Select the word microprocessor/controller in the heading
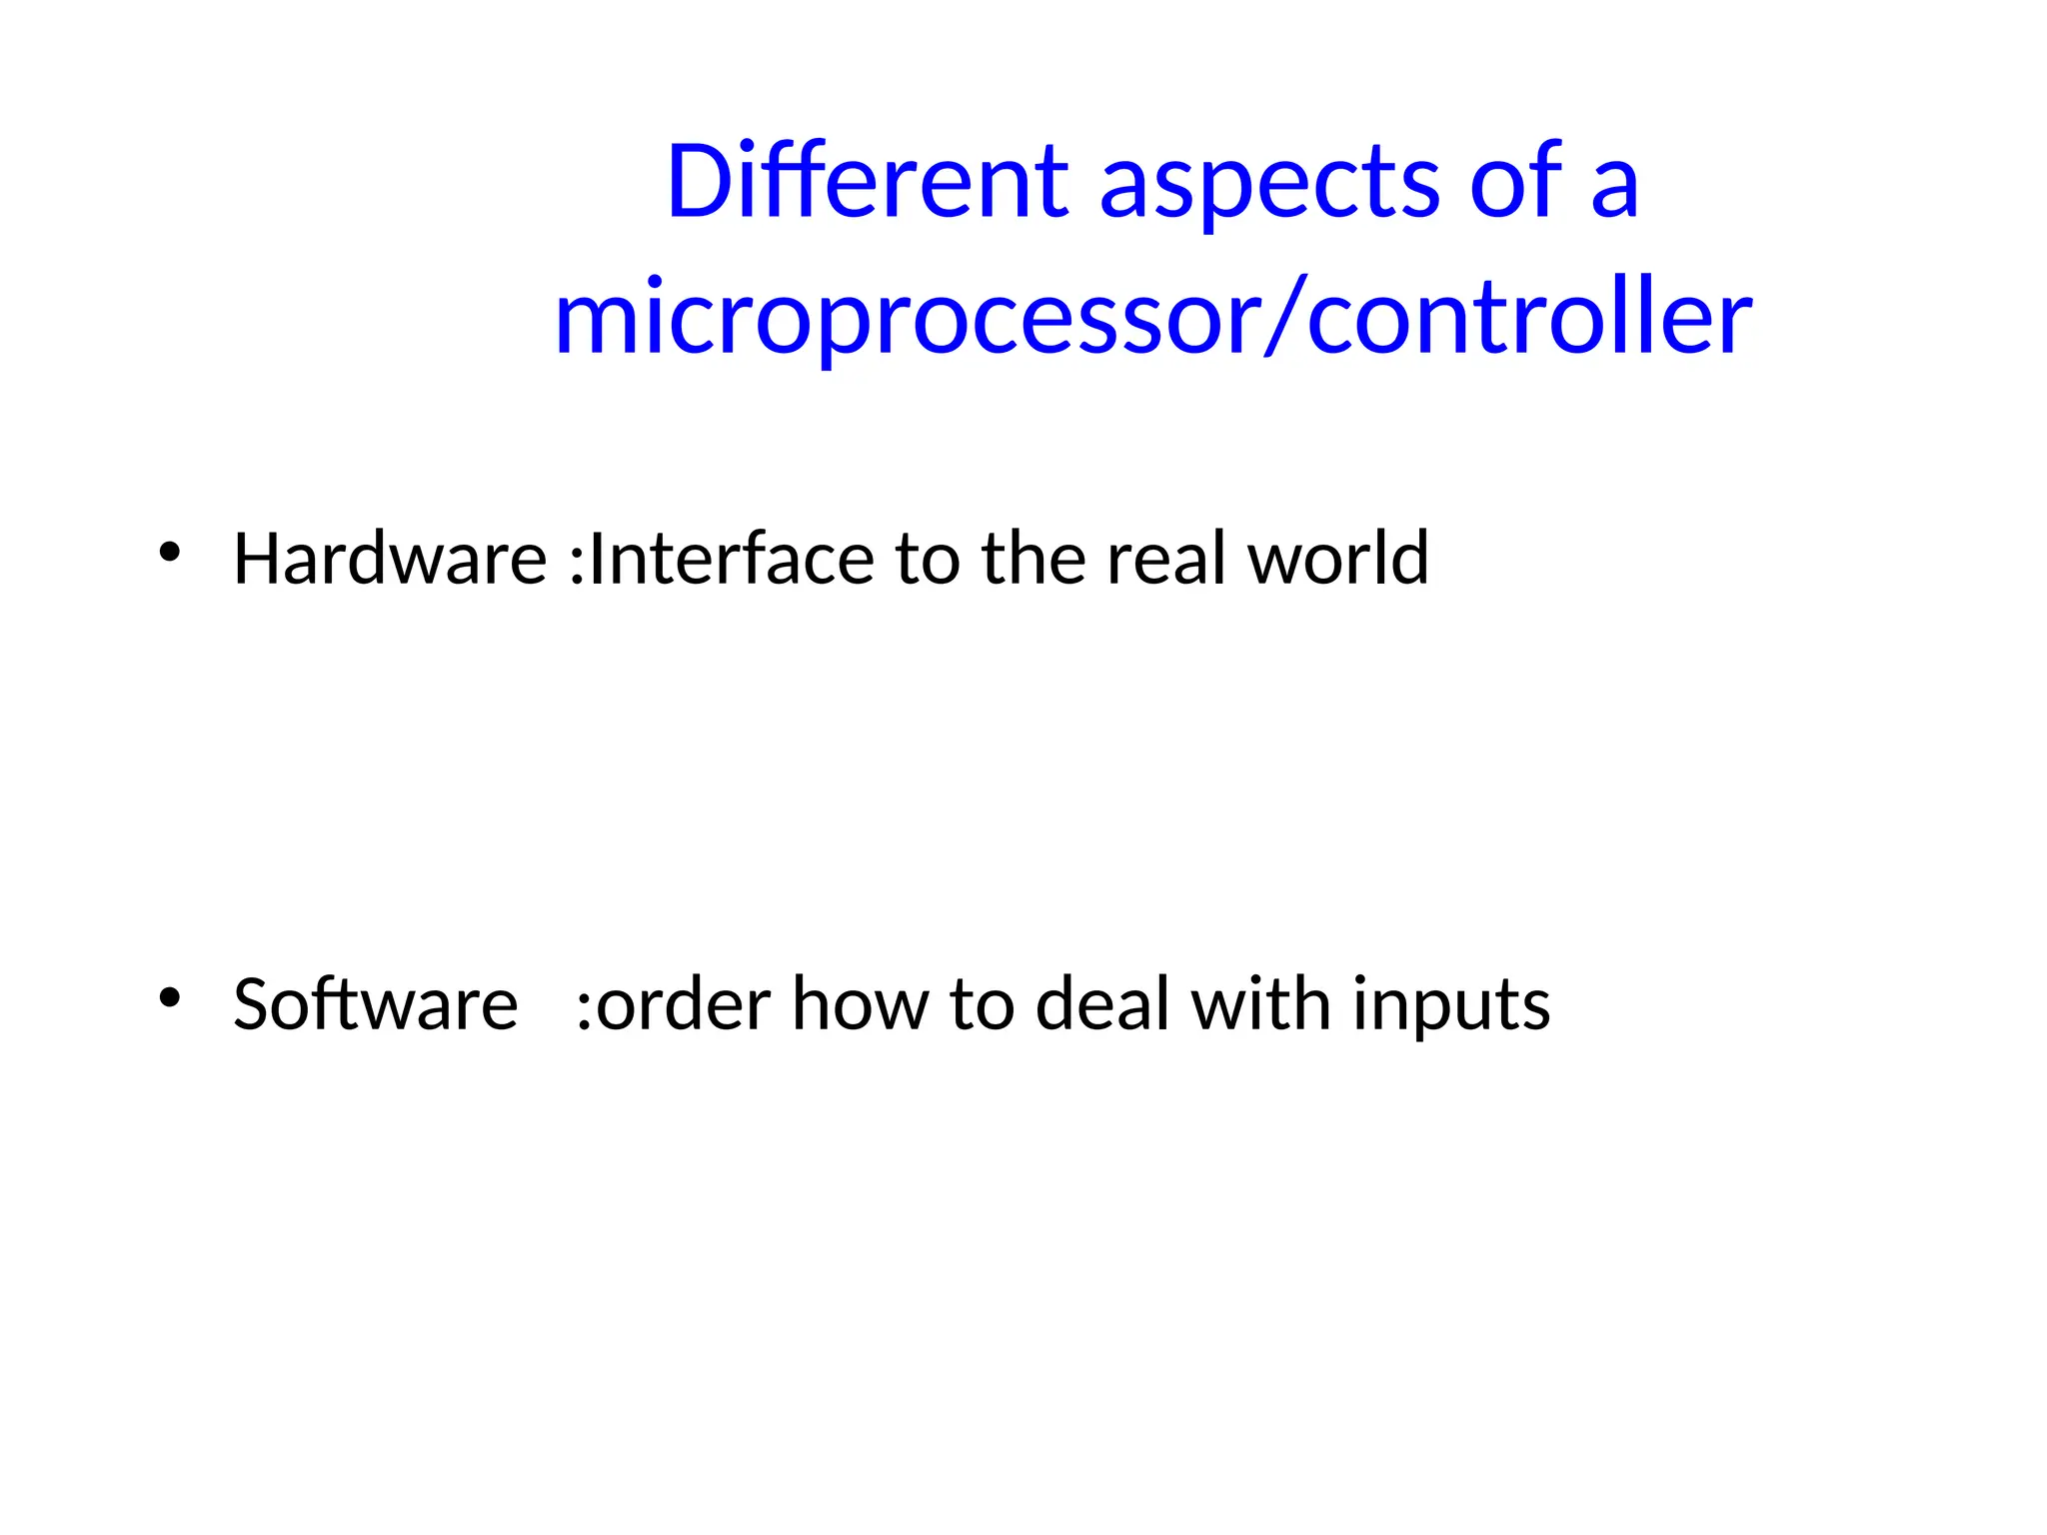(x=1152, y=318)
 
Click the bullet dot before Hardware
(x=170, y=552)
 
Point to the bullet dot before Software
(x=170, y=996)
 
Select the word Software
(x=375, y=1003)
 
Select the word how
(x=861, y=1003)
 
